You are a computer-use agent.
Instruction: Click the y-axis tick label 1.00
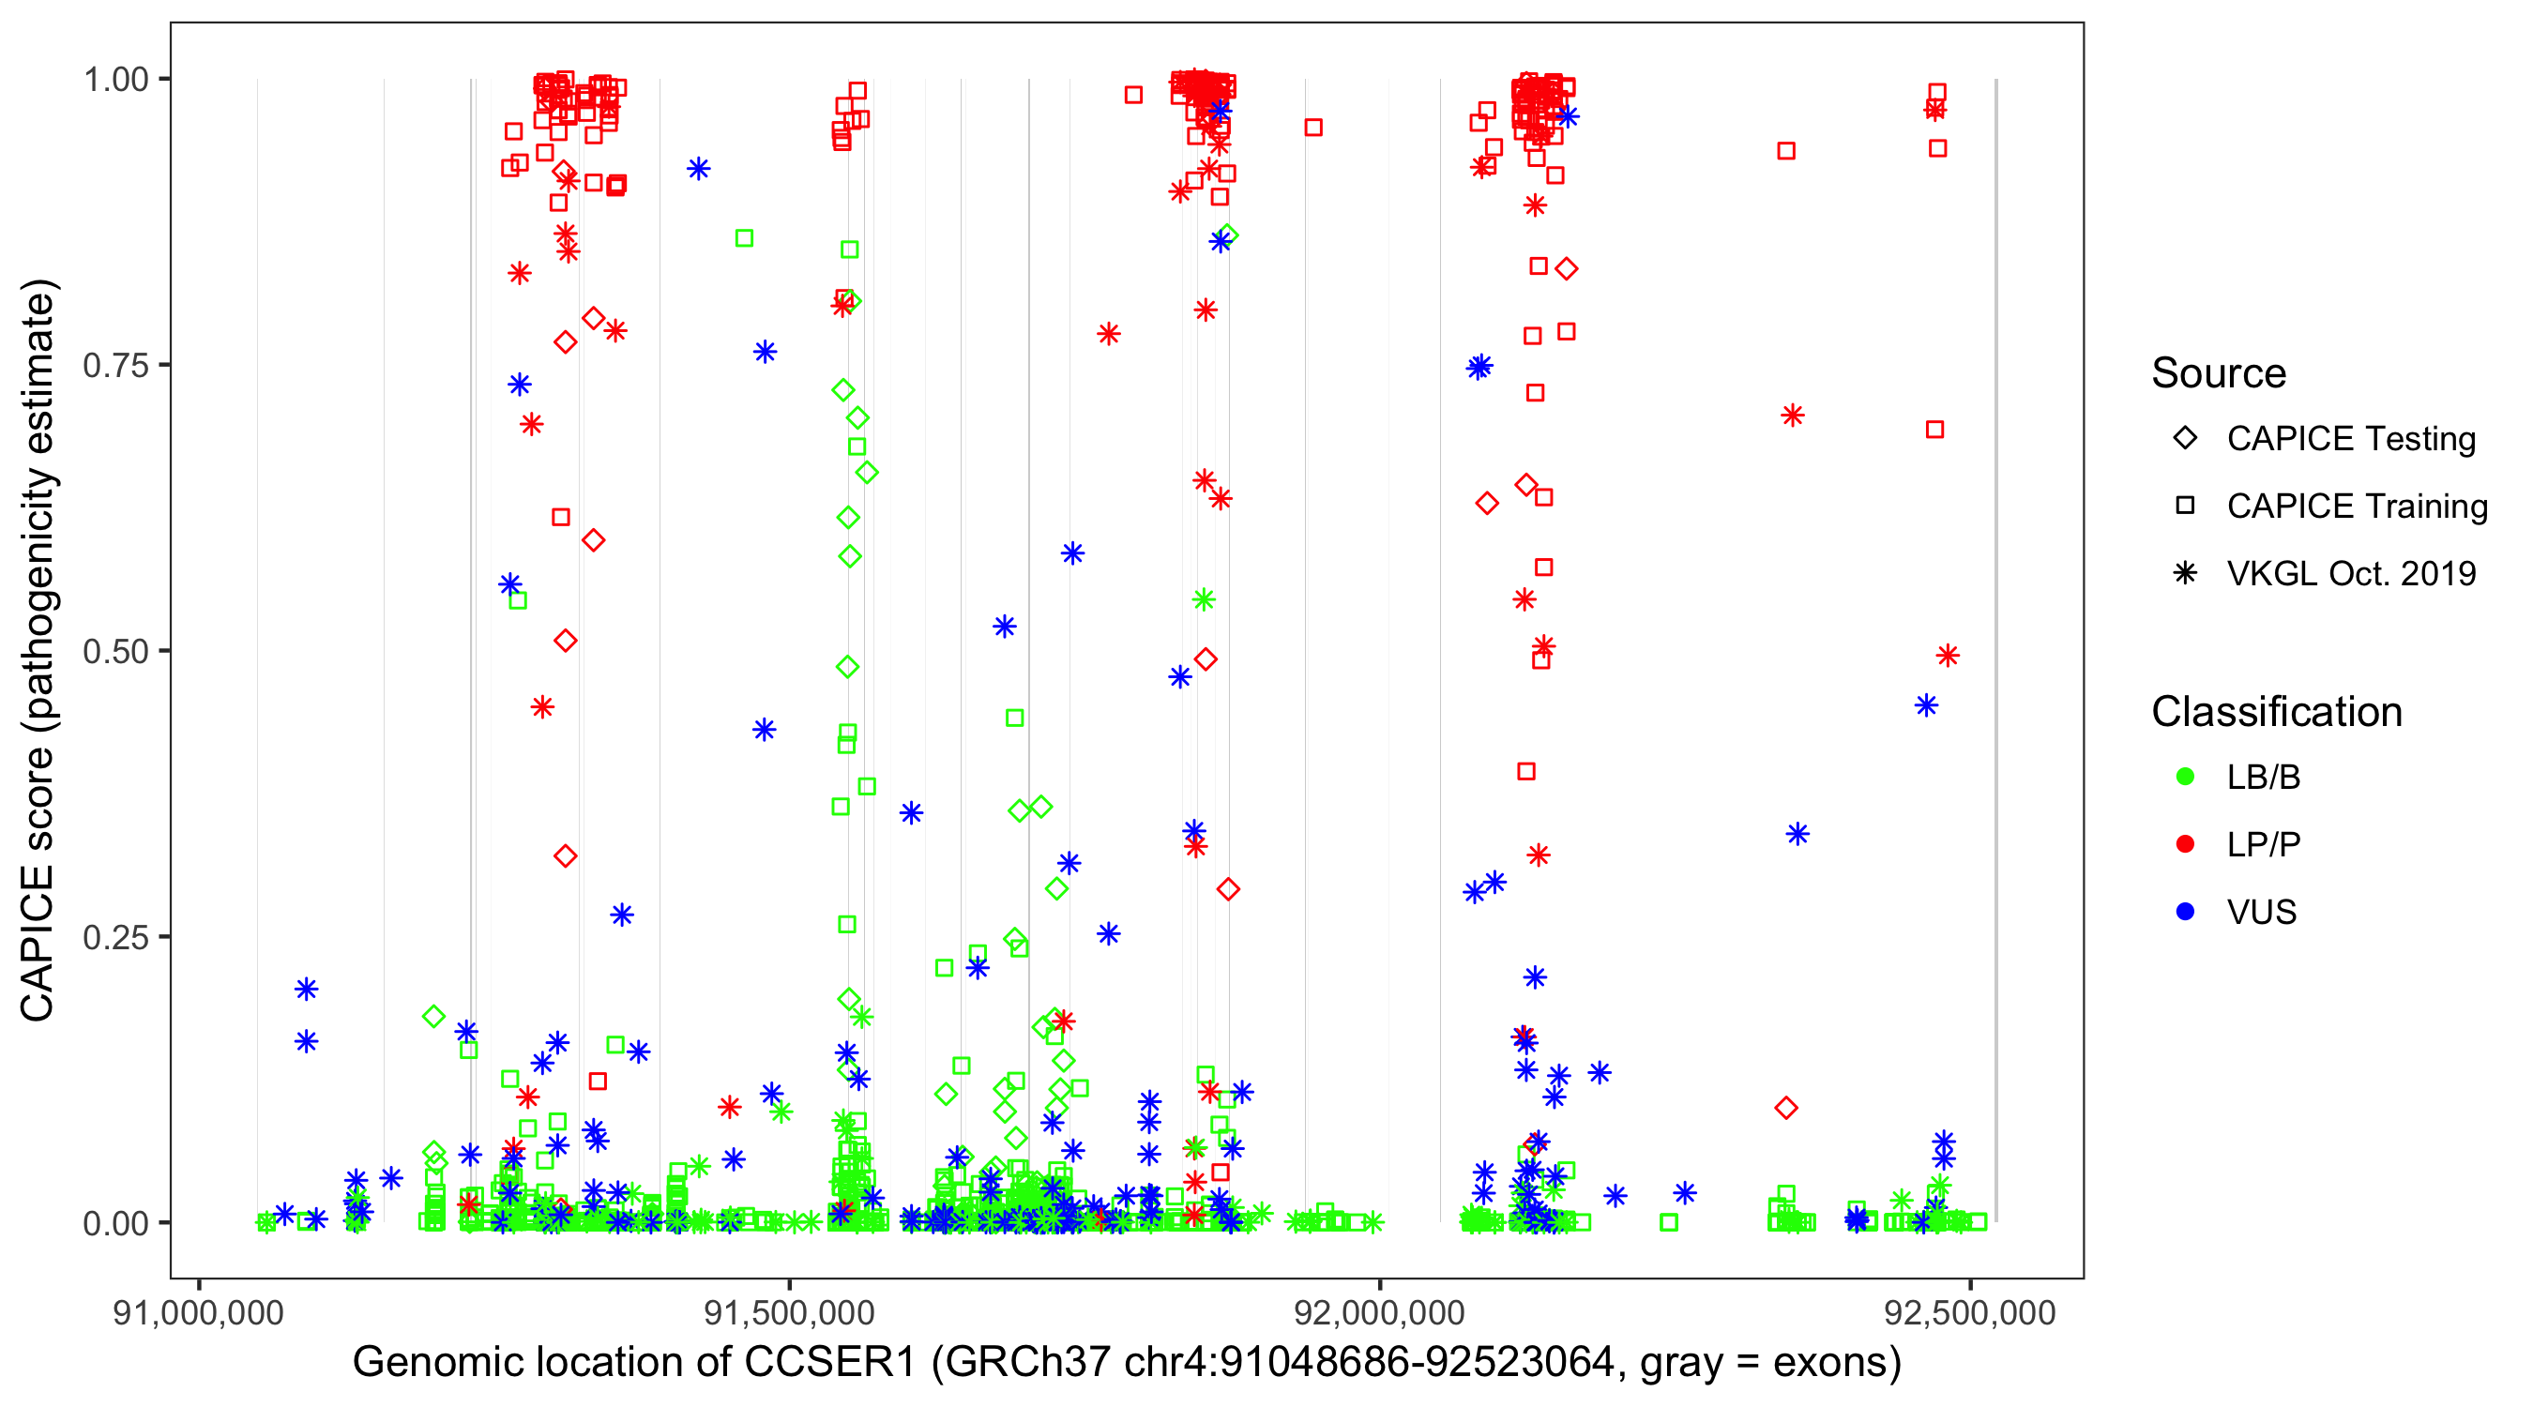coord(115,80)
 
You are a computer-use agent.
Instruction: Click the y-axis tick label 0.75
coord(115,366)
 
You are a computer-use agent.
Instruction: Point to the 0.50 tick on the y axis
coord(115,652)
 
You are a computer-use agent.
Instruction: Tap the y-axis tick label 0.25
coord(115,937)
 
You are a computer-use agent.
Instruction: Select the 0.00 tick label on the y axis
coord(115,1223)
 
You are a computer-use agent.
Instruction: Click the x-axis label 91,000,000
coord(199,1312)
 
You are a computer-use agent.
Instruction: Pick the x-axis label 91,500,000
coord(790,1312)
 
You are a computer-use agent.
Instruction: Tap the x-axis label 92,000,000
coord(1380,1312)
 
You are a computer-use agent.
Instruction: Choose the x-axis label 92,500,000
coord(1969,1312)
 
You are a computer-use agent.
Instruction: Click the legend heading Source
coord(2219,373)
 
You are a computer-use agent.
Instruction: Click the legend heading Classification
coord(2276,712)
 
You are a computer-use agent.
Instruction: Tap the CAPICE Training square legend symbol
coord(2185,507)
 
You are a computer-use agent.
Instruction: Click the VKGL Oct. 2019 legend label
coord(2351,573)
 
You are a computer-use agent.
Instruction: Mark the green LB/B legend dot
coord(2185,778)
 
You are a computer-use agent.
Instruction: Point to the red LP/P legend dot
coord(2185,844)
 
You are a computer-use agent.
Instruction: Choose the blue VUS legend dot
coord(2185,913)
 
